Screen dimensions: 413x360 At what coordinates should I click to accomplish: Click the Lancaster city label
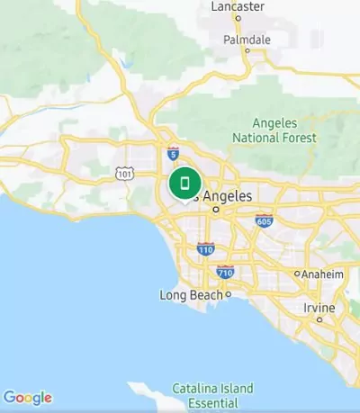tap(238, 7)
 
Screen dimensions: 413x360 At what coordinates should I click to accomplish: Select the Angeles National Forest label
tap(274, 130)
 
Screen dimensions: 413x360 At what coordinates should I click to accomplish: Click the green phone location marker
tap(184, 184)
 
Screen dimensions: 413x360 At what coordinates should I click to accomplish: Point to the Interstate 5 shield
tap(172, 154)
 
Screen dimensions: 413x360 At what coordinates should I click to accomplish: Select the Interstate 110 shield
tap(206, 248)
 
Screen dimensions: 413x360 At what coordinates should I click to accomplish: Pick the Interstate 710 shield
tap(225, 271)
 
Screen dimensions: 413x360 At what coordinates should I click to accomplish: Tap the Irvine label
tap(319, 308)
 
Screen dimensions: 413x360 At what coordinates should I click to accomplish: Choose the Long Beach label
tap(192, 295)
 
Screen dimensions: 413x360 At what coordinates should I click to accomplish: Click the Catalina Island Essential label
tap(212, 395)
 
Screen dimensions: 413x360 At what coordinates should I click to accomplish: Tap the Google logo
tap(28, 398)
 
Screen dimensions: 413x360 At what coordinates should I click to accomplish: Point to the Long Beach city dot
tap(229, 294)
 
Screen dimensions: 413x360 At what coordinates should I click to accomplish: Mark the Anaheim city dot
tap(297, 274)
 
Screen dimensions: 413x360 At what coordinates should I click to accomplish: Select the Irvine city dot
tap(319, 319)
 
